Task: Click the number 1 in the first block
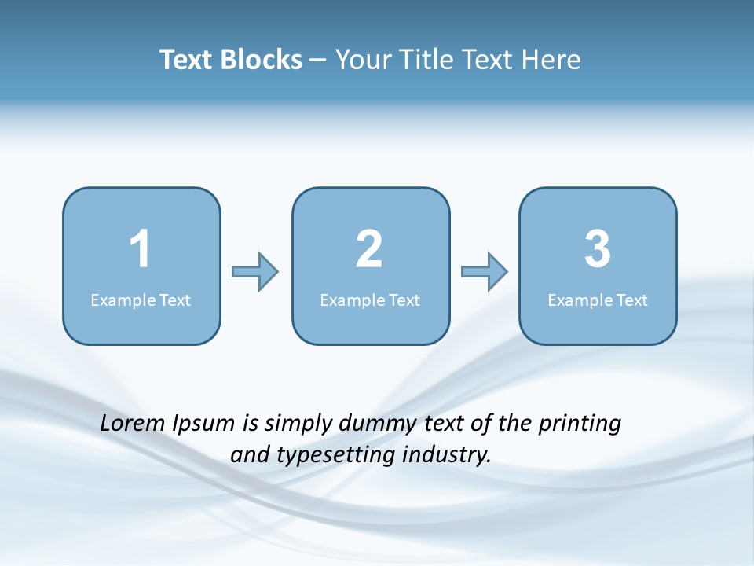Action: pyautogui.click(x=141, y=249)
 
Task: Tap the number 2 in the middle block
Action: pyautogui.click(x=369, y=249)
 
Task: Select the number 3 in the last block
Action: pyautogui.click(x=598, y=249)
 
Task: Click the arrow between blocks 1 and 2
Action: pyautogui.click(x=255, y=272)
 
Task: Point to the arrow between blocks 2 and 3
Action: pyautogui.click(x=485, y=272)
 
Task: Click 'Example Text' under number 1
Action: pyautogui.click(x=141, y=300)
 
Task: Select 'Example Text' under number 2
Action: pyautogui.click(x=370, y=300)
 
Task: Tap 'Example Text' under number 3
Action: pyautogui.click(x=598, y=300)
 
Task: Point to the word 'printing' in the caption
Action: pyautogui.click(x=580, y=424)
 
